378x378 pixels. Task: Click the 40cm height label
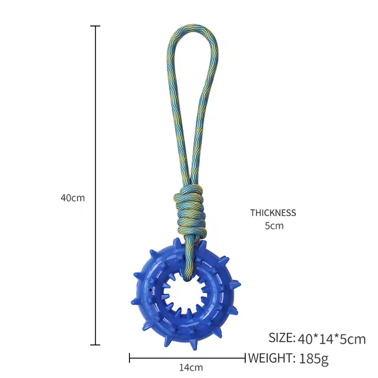coord(73,198)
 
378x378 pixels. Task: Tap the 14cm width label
coord(191,367)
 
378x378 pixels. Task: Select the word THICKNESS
coord(273,213)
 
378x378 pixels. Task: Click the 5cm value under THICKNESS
coord(274,226)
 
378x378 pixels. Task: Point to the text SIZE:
coord(282,337)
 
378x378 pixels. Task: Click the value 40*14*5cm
coord(332,339)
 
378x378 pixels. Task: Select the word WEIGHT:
coord(271,357)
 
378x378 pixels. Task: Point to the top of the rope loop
coord(192,27)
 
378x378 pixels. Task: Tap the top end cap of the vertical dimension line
coord(95,26)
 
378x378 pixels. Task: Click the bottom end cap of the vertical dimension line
coord(95,345)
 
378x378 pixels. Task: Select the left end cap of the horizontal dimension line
coord(130,357)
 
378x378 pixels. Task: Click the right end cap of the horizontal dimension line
coord(245,357)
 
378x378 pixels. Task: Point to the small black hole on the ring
coord(151,290)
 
